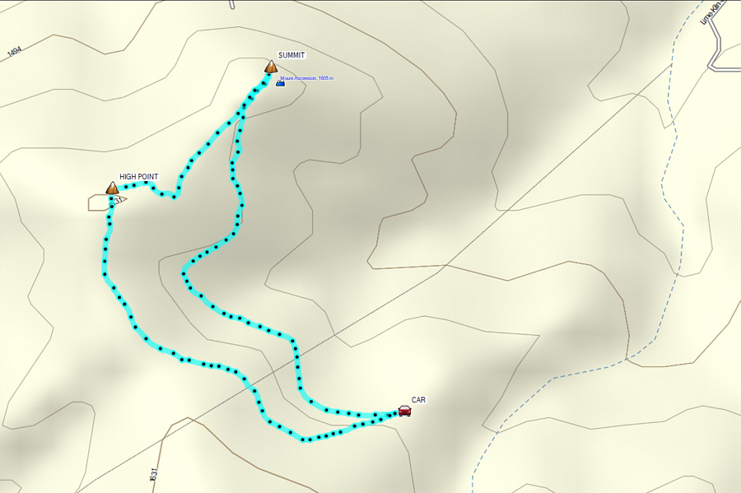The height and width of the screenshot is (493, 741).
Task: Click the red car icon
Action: [404, 411]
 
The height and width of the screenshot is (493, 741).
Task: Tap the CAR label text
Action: [418, 400]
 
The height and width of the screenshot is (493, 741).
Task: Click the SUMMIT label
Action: [291, 55]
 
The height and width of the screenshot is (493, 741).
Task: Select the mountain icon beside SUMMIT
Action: [271, 67]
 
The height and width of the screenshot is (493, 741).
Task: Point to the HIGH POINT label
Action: [138, 176]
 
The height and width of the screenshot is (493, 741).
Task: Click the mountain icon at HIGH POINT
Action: [112, 188]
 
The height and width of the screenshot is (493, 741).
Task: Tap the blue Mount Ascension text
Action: [301, 78]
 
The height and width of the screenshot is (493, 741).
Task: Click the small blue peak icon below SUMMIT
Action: [280, 82]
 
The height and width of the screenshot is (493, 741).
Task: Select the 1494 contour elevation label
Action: [14, 53]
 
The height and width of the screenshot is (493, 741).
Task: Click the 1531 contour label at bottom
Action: [153, 475]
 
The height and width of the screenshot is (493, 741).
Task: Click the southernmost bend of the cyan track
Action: [305, 440]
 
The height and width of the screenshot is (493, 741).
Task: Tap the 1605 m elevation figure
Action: [325, 78]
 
